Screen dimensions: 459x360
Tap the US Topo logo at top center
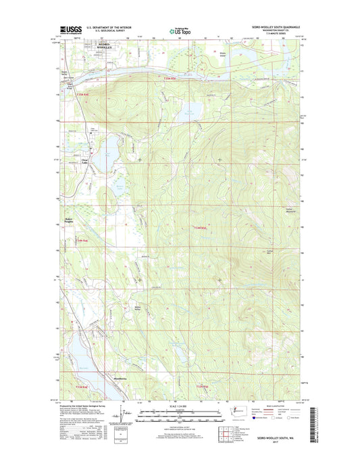click(x=179, y=30)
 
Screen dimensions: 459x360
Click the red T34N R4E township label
click(x=82, y=241)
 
